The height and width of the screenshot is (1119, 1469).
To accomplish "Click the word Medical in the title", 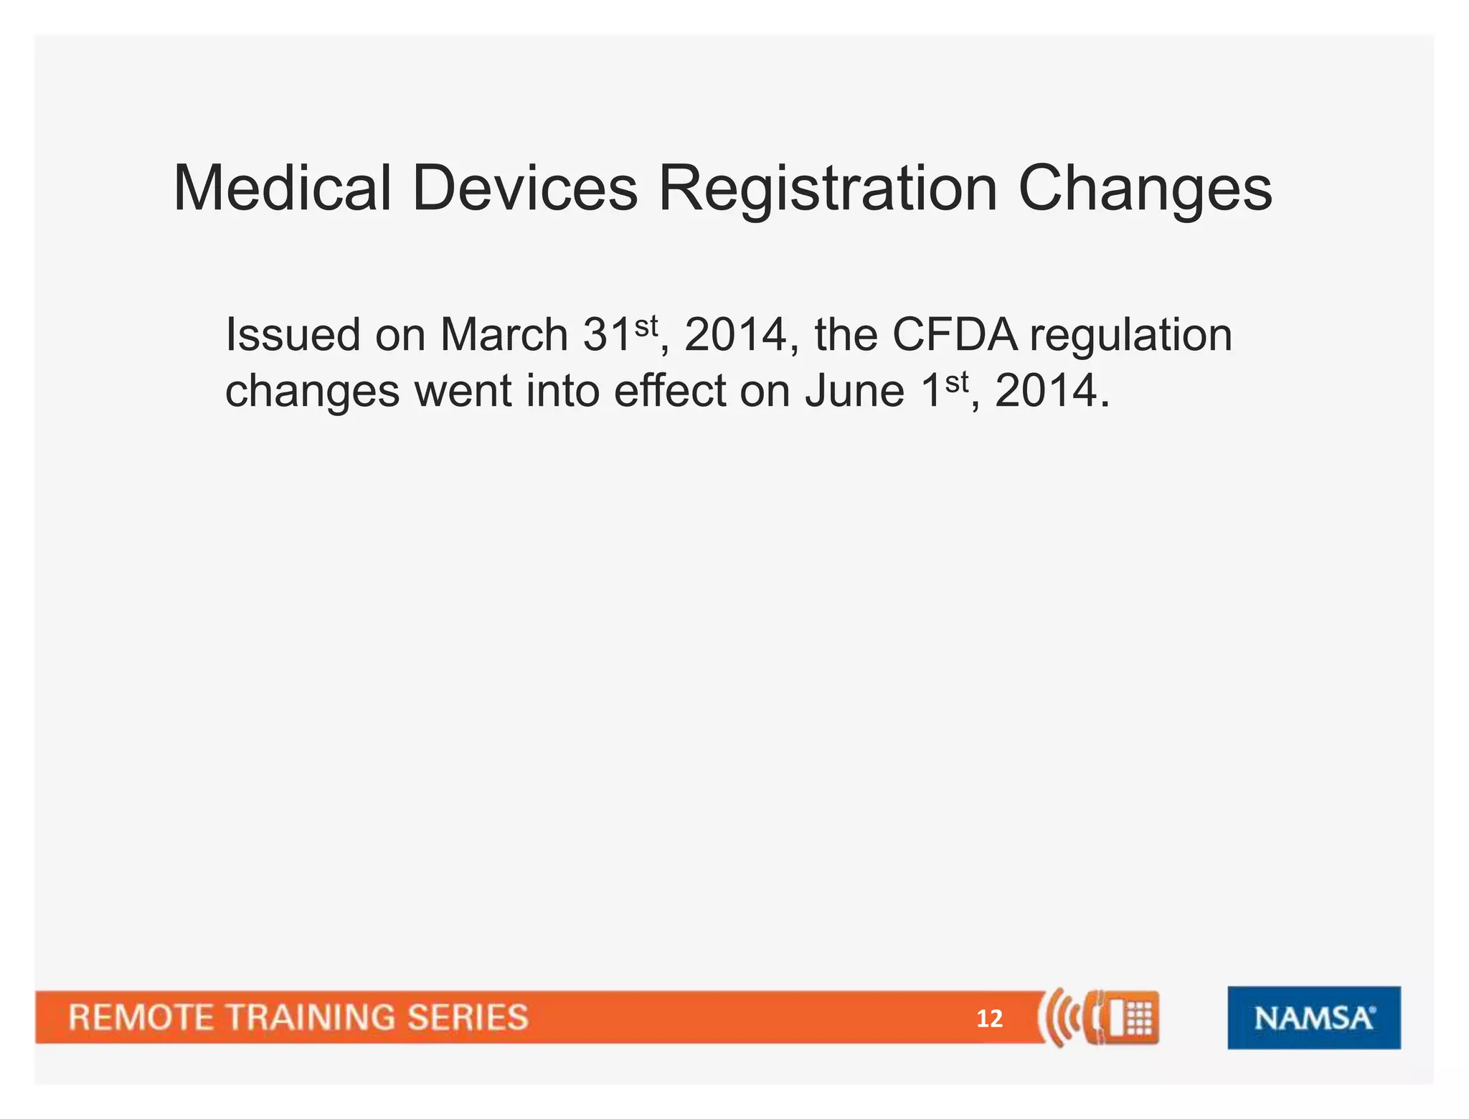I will click(x=282, y=188).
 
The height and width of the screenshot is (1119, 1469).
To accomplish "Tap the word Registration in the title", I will click(x=828, y=189).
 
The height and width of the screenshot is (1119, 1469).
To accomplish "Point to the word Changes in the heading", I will click(x=1145, y=189).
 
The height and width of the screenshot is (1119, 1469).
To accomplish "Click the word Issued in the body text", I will click(x=293, y=335).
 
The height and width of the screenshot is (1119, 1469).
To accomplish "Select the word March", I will click(x=504, y=335).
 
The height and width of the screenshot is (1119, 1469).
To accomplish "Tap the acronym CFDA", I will click(x=955, y=335).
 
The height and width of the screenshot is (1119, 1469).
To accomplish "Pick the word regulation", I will click(x=1131, y=336).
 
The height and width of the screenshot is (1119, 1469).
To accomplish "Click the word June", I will click(x=855, y=391).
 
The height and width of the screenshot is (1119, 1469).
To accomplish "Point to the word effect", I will click(x=670, y=391).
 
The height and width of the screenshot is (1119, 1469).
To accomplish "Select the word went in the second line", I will click(x=463, y=392).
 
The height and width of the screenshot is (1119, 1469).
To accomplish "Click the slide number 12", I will click(x=989, y=1019).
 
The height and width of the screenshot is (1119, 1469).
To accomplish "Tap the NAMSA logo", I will click(x=1313, y=1018).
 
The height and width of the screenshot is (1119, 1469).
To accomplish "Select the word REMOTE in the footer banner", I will click(x=141, y=1018).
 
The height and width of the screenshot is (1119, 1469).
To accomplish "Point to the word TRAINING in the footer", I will click(x=310, y=1018).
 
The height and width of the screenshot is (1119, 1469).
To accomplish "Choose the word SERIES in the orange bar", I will click(x=468, y=1018).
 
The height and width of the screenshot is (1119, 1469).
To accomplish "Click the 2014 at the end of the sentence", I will click(x=1047, y=391).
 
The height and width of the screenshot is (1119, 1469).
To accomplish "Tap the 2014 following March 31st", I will click(x=736, y=335).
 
